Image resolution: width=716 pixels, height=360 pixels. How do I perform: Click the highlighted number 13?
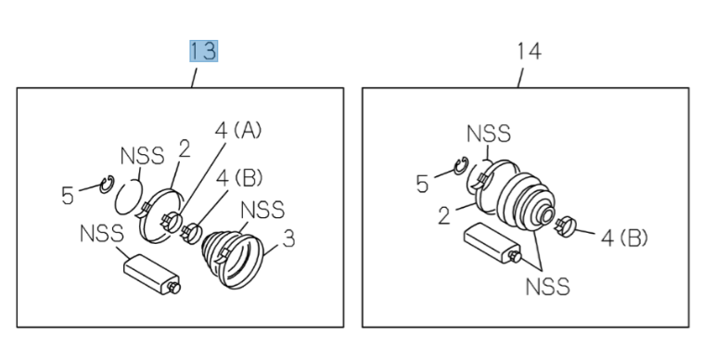click(x=204, y=51)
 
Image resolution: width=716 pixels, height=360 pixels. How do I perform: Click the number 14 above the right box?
click(x=530, y=51)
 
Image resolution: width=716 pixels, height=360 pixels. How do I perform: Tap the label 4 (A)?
click(x=238, y=131)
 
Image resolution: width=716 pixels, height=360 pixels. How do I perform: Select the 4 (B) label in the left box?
click(x=239, y=177)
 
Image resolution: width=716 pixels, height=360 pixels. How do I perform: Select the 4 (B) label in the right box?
click(x=624, y=238)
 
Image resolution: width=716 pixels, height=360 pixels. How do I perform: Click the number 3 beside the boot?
click(x=288, y=239)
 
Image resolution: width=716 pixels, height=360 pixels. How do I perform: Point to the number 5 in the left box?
click(x=67, y=196)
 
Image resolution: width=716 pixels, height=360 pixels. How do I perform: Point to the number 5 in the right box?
click(x=422, y=184)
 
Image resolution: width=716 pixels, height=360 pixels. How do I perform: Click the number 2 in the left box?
click(x=184, y=149)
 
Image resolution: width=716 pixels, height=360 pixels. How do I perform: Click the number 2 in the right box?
click(x=444, y=215)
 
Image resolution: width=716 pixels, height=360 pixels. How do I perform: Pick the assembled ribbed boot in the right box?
click(x=525, y=201)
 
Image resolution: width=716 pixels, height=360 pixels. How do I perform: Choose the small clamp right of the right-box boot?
click(x=567, y=225)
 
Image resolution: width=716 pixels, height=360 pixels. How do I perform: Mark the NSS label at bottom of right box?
click(x=547, y=287)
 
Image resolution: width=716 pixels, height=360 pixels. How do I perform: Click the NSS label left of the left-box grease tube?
click(x=101, y=233)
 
